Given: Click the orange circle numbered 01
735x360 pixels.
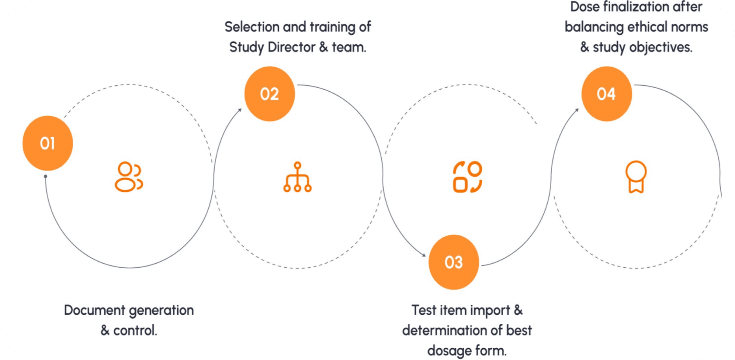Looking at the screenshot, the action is click(48, 143).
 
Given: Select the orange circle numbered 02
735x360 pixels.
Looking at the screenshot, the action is click(269, 94).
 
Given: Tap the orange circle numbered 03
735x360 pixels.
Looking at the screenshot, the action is click(454, 262).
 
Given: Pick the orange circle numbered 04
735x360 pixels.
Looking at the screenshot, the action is click(606, 94).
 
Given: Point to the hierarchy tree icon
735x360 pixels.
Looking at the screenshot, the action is click(298, 177).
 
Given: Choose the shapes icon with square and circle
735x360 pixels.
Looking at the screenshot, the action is click(467, 177).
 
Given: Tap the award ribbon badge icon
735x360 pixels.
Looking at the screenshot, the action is click(636, 177).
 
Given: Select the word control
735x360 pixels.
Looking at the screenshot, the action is click(135, 330).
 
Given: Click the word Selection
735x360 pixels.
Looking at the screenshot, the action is click(252, 27).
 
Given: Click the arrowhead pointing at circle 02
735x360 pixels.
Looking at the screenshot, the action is click(239, 110).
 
